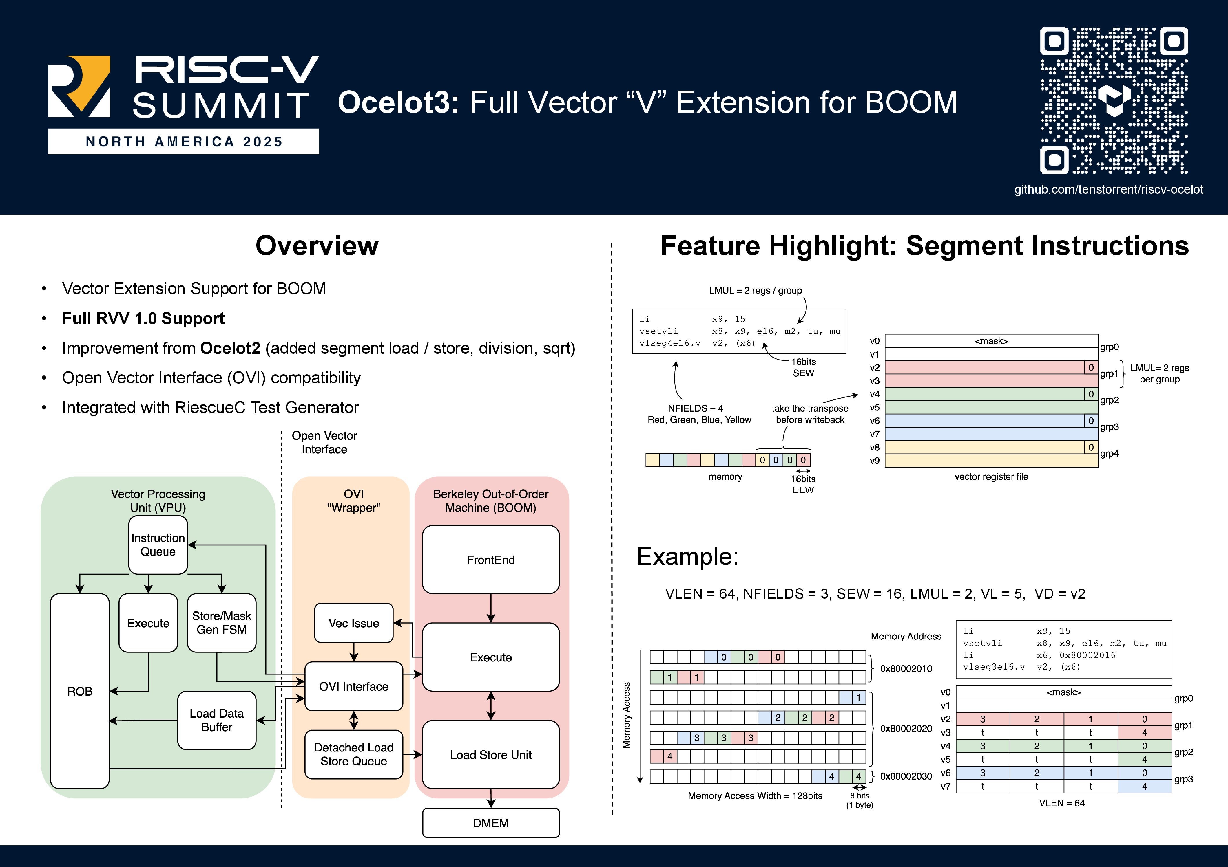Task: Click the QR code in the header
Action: click(1114, 100)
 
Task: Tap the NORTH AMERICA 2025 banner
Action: click(183, 142)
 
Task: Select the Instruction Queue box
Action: click(158, 545)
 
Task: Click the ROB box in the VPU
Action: click(80, 691)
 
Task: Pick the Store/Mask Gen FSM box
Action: click(221, 623)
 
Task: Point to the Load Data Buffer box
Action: click(217, 720)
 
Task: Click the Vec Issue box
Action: click(353, 623)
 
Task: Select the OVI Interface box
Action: click(353, 686)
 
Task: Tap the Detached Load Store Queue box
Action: click(353, 754)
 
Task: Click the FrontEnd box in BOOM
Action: click(490, 560)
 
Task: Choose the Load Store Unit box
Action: click(490, 755)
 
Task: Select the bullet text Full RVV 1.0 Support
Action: click(143, 319)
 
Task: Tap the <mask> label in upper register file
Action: click(991, 341)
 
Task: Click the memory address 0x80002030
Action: click(906, 776)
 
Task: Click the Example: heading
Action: click(687, 556)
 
